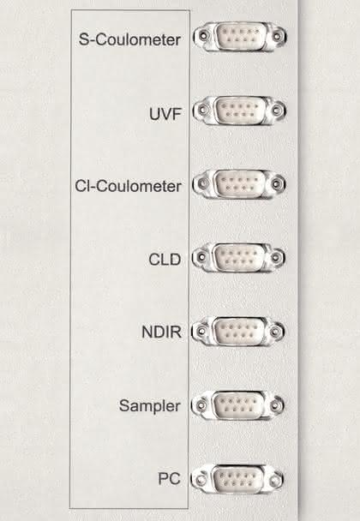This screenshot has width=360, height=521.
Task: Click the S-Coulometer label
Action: (x=129, y=39)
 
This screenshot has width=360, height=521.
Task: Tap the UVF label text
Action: (x=165, y=114)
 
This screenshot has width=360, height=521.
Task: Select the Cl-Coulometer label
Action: (x=129, y=186)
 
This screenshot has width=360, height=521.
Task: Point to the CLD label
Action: (x=165, y=260)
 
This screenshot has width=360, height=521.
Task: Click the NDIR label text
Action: (x=161, y=332)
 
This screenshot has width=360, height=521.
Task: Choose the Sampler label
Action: (x=150, y=405)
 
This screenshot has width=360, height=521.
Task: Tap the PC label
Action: (x=169, y=479)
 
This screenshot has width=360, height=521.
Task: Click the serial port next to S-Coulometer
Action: (x=240, y=37)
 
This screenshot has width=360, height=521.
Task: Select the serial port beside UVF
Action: (x=239, y=111)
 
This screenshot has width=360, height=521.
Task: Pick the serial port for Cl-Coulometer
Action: (x=239, y=183)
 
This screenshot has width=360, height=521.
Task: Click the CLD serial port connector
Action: (x=238, y=258)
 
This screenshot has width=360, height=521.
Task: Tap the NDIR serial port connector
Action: (x=238, y=331)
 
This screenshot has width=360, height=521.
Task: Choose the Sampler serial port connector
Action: (x=237, y=405)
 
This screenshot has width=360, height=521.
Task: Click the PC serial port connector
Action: (x=237, y=479)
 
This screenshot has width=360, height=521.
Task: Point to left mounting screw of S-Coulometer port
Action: (x=203, y=35)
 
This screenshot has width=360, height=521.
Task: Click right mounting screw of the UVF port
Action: (x=277, y=110)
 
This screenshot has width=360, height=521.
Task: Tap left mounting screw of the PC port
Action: (x=201, y=480)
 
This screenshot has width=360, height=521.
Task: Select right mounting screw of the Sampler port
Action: (x=275, y=405)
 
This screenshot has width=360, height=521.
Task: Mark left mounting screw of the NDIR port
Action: (x=201, y=332)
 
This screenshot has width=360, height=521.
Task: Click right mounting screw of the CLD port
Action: (x=276, y=257)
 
